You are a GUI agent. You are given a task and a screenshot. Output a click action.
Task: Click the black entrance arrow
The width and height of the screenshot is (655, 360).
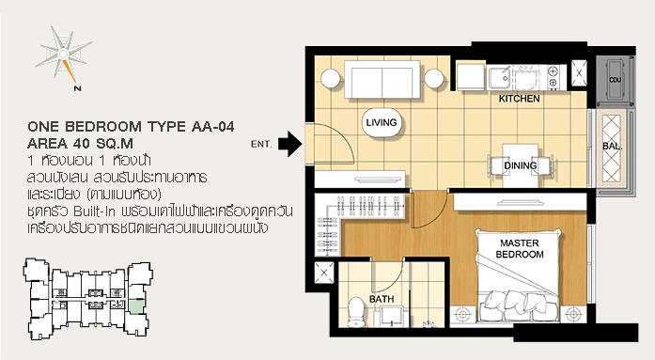(290, 144)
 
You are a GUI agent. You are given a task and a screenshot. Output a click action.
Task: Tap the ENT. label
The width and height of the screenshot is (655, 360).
(261, 145)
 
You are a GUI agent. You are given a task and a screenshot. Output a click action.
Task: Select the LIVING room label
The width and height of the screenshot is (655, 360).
(381, 122)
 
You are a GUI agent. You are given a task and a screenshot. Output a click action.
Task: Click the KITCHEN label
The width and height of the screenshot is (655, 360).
(520, 99)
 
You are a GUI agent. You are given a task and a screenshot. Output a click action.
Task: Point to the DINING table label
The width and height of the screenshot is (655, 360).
(520, 165)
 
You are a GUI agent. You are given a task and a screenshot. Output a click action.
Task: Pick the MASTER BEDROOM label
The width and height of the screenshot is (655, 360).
(520, 248)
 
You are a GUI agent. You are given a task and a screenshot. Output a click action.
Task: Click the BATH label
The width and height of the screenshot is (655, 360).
(382, 299)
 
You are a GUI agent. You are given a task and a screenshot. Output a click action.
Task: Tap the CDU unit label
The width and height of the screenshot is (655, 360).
(615, 80)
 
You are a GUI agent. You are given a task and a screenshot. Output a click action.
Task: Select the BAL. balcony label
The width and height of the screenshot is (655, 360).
(613, 147)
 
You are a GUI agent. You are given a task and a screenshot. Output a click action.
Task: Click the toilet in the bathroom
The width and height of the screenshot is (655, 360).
(356, 312)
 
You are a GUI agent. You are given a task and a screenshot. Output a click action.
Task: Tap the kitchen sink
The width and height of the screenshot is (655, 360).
(499, 77)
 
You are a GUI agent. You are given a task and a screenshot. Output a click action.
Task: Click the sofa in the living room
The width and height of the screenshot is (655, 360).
(382, 80)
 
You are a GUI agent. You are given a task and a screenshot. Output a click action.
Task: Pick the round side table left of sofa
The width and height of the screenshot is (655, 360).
(331, 78)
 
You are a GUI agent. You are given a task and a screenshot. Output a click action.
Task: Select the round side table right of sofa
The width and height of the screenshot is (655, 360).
(434, 78)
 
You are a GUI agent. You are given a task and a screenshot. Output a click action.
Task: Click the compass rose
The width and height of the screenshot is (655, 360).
(64, 55)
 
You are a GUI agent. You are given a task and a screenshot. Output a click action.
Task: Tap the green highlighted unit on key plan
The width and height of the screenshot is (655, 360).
(136, 307)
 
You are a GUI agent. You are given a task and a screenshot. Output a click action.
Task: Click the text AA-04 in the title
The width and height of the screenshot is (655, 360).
(212, 126)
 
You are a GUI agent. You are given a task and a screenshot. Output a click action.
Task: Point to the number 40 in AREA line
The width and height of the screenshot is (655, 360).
(82, 144)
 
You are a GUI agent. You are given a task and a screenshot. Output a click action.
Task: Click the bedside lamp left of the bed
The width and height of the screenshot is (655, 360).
(463, 315)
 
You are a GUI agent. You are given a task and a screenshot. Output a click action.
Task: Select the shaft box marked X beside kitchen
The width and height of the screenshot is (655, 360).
(579, 72)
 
